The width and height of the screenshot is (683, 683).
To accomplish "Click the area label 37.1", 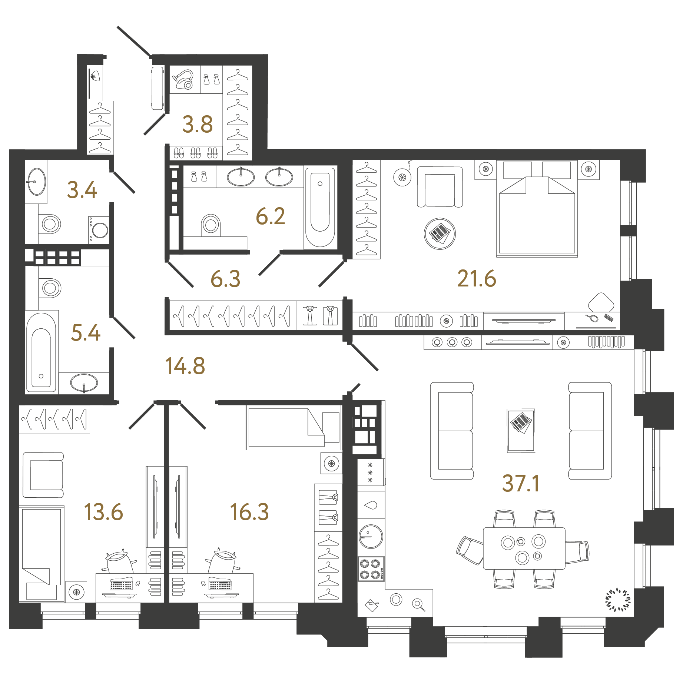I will [521, 484].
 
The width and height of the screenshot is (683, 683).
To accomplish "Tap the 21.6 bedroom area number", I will [476, 279].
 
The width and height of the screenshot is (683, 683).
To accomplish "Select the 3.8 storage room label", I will [198, 125].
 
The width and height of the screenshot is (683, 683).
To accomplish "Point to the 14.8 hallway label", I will [185, 366].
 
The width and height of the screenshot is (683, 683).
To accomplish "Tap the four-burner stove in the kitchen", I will [371, 569].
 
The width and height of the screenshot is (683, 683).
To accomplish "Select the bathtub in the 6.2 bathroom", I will [320, 208].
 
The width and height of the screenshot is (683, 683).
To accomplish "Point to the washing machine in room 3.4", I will [99, 230].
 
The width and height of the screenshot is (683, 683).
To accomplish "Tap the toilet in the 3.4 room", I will [50, 224].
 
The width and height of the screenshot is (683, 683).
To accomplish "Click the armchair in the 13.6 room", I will [43, 475].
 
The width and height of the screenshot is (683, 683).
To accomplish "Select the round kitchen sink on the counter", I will [371, 536].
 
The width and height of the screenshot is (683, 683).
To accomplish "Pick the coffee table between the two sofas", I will [521, 431].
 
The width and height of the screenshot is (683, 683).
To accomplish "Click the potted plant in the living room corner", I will [617, 600].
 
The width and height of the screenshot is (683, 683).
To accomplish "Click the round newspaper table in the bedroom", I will [440, 233].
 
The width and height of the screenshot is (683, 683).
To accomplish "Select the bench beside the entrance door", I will [158, 88].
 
